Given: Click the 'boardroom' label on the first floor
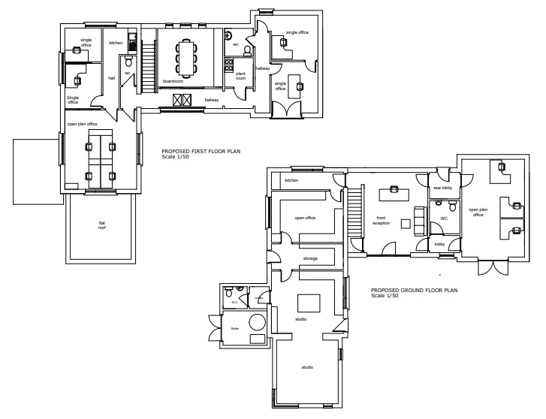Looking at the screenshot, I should pyautogui.click(x=174, y=81).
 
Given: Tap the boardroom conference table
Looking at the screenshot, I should pyautogui.click(x=186, y=56).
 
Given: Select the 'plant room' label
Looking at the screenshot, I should pyautogui.click(x=241, y=75).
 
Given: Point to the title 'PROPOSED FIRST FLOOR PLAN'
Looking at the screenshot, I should pyautogui.click(x=201, y=151).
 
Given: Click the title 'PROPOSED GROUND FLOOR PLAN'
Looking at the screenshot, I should pyautogui.click(x=413, y=289).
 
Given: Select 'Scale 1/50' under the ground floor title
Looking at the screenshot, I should pyautogui.click(x=385, y=295).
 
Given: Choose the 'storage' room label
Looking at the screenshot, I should pyautogui.click(x=310, y=259).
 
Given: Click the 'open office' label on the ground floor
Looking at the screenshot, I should pyautogui.click(x=304, y=218).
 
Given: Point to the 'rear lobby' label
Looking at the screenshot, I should pyautogui.click(x=442, y=188).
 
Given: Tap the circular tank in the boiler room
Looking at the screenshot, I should pyautogui.click(x=258, y=323).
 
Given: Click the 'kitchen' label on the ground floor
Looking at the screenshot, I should pyautogui.click(x=291, y=180).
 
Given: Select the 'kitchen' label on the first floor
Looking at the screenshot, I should pyautogui.click(x=116, y=43).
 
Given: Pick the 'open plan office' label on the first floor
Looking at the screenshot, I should pyautogui.click(x=82, y=123).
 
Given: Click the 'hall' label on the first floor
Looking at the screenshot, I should pyautogui.click(x=111, y=77).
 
